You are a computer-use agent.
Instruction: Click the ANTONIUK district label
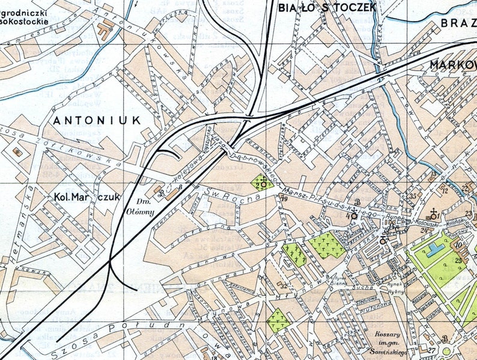[96, 120]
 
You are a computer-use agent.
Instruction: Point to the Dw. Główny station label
[144, 207]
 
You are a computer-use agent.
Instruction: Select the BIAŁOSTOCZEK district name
[327, 7]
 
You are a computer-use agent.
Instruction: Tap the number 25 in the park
[458, 260]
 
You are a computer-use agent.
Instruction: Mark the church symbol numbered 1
[434, 213]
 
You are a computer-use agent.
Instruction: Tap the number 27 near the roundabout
[431, 349]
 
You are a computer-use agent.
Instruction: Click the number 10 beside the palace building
[457, 245]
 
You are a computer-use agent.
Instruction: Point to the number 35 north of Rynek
[413, 197]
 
